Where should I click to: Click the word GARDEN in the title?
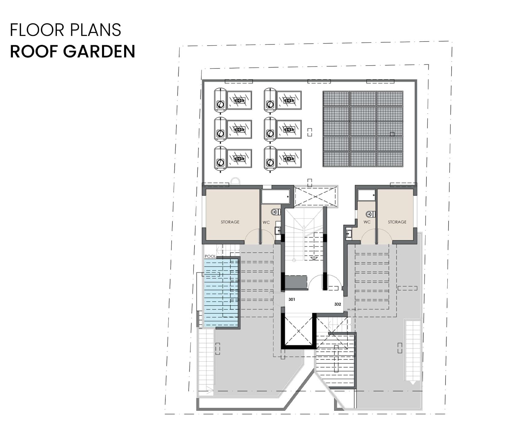99,51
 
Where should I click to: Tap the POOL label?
210,256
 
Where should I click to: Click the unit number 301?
292,299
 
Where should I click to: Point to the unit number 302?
338,304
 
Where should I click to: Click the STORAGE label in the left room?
230,222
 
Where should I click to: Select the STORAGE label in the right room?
397,222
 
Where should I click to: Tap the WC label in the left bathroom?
266,222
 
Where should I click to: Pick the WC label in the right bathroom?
367,222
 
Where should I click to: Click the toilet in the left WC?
276,212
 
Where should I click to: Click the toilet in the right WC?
371,214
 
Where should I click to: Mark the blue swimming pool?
221,293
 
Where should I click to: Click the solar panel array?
363,129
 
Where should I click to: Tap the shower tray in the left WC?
276,197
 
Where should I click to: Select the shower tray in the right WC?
367,195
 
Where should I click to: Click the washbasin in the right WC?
349,234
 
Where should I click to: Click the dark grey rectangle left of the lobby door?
296,282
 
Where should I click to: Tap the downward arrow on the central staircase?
314,258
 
